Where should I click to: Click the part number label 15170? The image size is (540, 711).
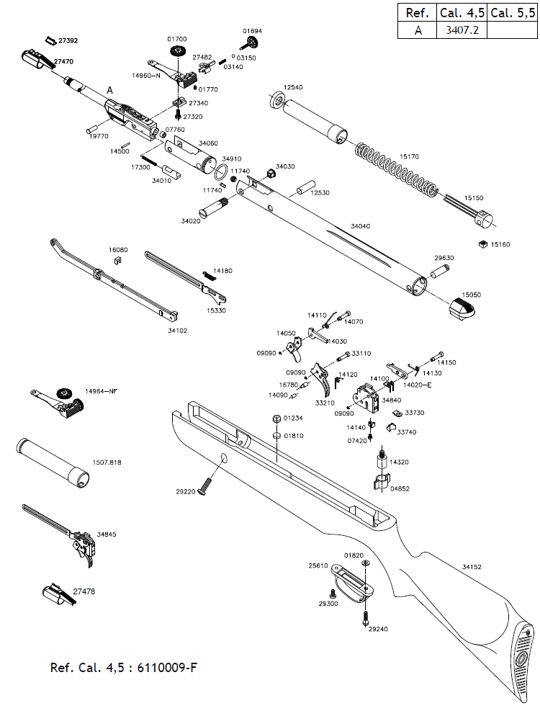409,156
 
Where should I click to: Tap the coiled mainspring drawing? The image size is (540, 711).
396,170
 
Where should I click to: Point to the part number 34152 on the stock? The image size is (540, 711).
472,567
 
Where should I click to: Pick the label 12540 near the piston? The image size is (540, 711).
293,87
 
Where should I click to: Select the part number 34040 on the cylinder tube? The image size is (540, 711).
360,227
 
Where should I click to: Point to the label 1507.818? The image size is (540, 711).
107,462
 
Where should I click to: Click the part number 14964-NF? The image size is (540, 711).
102,390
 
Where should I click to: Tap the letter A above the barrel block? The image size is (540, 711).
110,90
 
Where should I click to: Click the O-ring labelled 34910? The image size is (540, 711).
222,173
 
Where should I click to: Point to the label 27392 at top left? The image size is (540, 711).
68,41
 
